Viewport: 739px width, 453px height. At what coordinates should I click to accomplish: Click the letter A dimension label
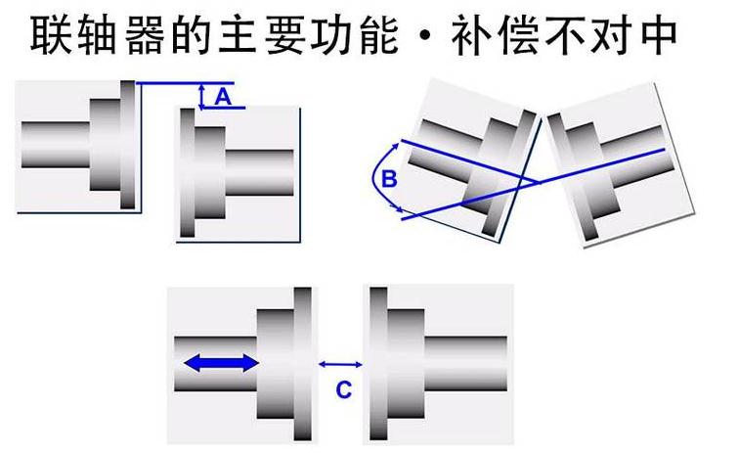[222, 96]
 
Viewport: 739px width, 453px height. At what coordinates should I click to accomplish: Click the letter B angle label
[388, 179]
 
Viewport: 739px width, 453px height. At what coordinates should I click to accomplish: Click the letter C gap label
[343, 389]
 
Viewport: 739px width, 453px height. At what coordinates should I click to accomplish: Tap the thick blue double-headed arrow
[221, 363]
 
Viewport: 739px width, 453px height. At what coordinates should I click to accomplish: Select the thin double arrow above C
[341, 364]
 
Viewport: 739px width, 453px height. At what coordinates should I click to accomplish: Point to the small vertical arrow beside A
[201, 95]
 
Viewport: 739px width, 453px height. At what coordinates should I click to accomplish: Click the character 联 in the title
[49, 36]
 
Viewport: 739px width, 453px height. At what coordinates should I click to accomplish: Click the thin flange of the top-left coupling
[128, 144]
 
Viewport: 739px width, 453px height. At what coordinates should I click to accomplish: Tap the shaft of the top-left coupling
[54, 145]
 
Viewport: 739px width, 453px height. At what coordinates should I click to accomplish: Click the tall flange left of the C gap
[303, 364]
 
